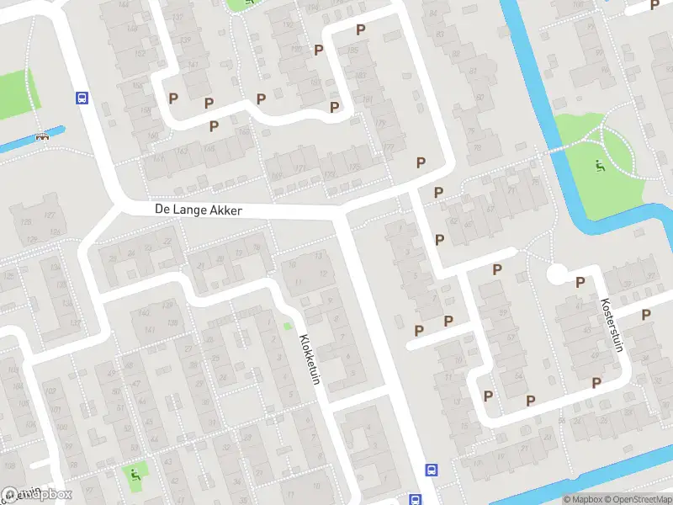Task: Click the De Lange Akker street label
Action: click(x=199, y=210)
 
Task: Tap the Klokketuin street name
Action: click(x=310, y=360)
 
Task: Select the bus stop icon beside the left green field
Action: click(x=82, y=98)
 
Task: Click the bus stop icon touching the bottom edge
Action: click(x=415, y=499)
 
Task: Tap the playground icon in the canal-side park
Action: click(x=600, y=167)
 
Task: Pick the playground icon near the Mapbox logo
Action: click(x=134, y=474)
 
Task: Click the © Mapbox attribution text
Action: click(x=582, y=499)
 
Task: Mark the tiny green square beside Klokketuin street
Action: click(x=288, y=327)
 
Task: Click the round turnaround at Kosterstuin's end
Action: click(x=557, y=274)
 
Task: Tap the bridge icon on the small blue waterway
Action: click(x=41, y=136)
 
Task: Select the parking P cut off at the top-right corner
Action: click(x=654, y=5)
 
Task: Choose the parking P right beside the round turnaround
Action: click(x=580, y=283)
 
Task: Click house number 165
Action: click(x=245, y=131)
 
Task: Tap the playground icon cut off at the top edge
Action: click(x=249, y=3)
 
